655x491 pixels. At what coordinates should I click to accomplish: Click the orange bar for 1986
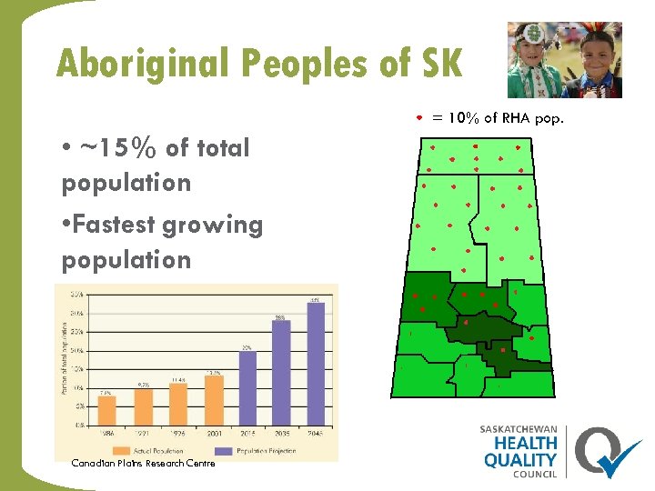(106, 409)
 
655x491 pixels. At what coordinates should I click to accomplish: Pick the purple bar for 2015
(247, 387)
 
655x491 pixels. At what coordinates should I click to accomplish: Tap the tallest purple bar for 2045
(316, 363)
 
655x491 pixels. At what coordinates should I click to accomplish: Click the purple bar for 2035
(281, 372)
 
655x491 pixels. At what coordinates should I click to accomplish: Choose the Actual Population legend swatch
(120, 450)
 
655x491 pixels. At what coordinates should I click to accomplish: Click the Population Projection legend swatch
(223, 450)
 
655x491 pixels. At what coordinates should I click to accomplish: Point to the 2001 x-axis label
(213, 435)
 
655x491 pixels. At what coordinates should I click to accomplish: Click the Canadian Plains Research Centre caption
(143, 464)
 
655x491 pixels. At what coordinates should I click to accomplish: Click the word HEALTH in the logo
(521, 445)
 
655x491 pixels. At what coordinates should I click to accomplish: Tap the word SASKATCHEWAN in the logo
(519, 429)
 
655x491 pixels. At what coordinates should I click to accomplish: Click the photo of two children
(564, 60)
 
